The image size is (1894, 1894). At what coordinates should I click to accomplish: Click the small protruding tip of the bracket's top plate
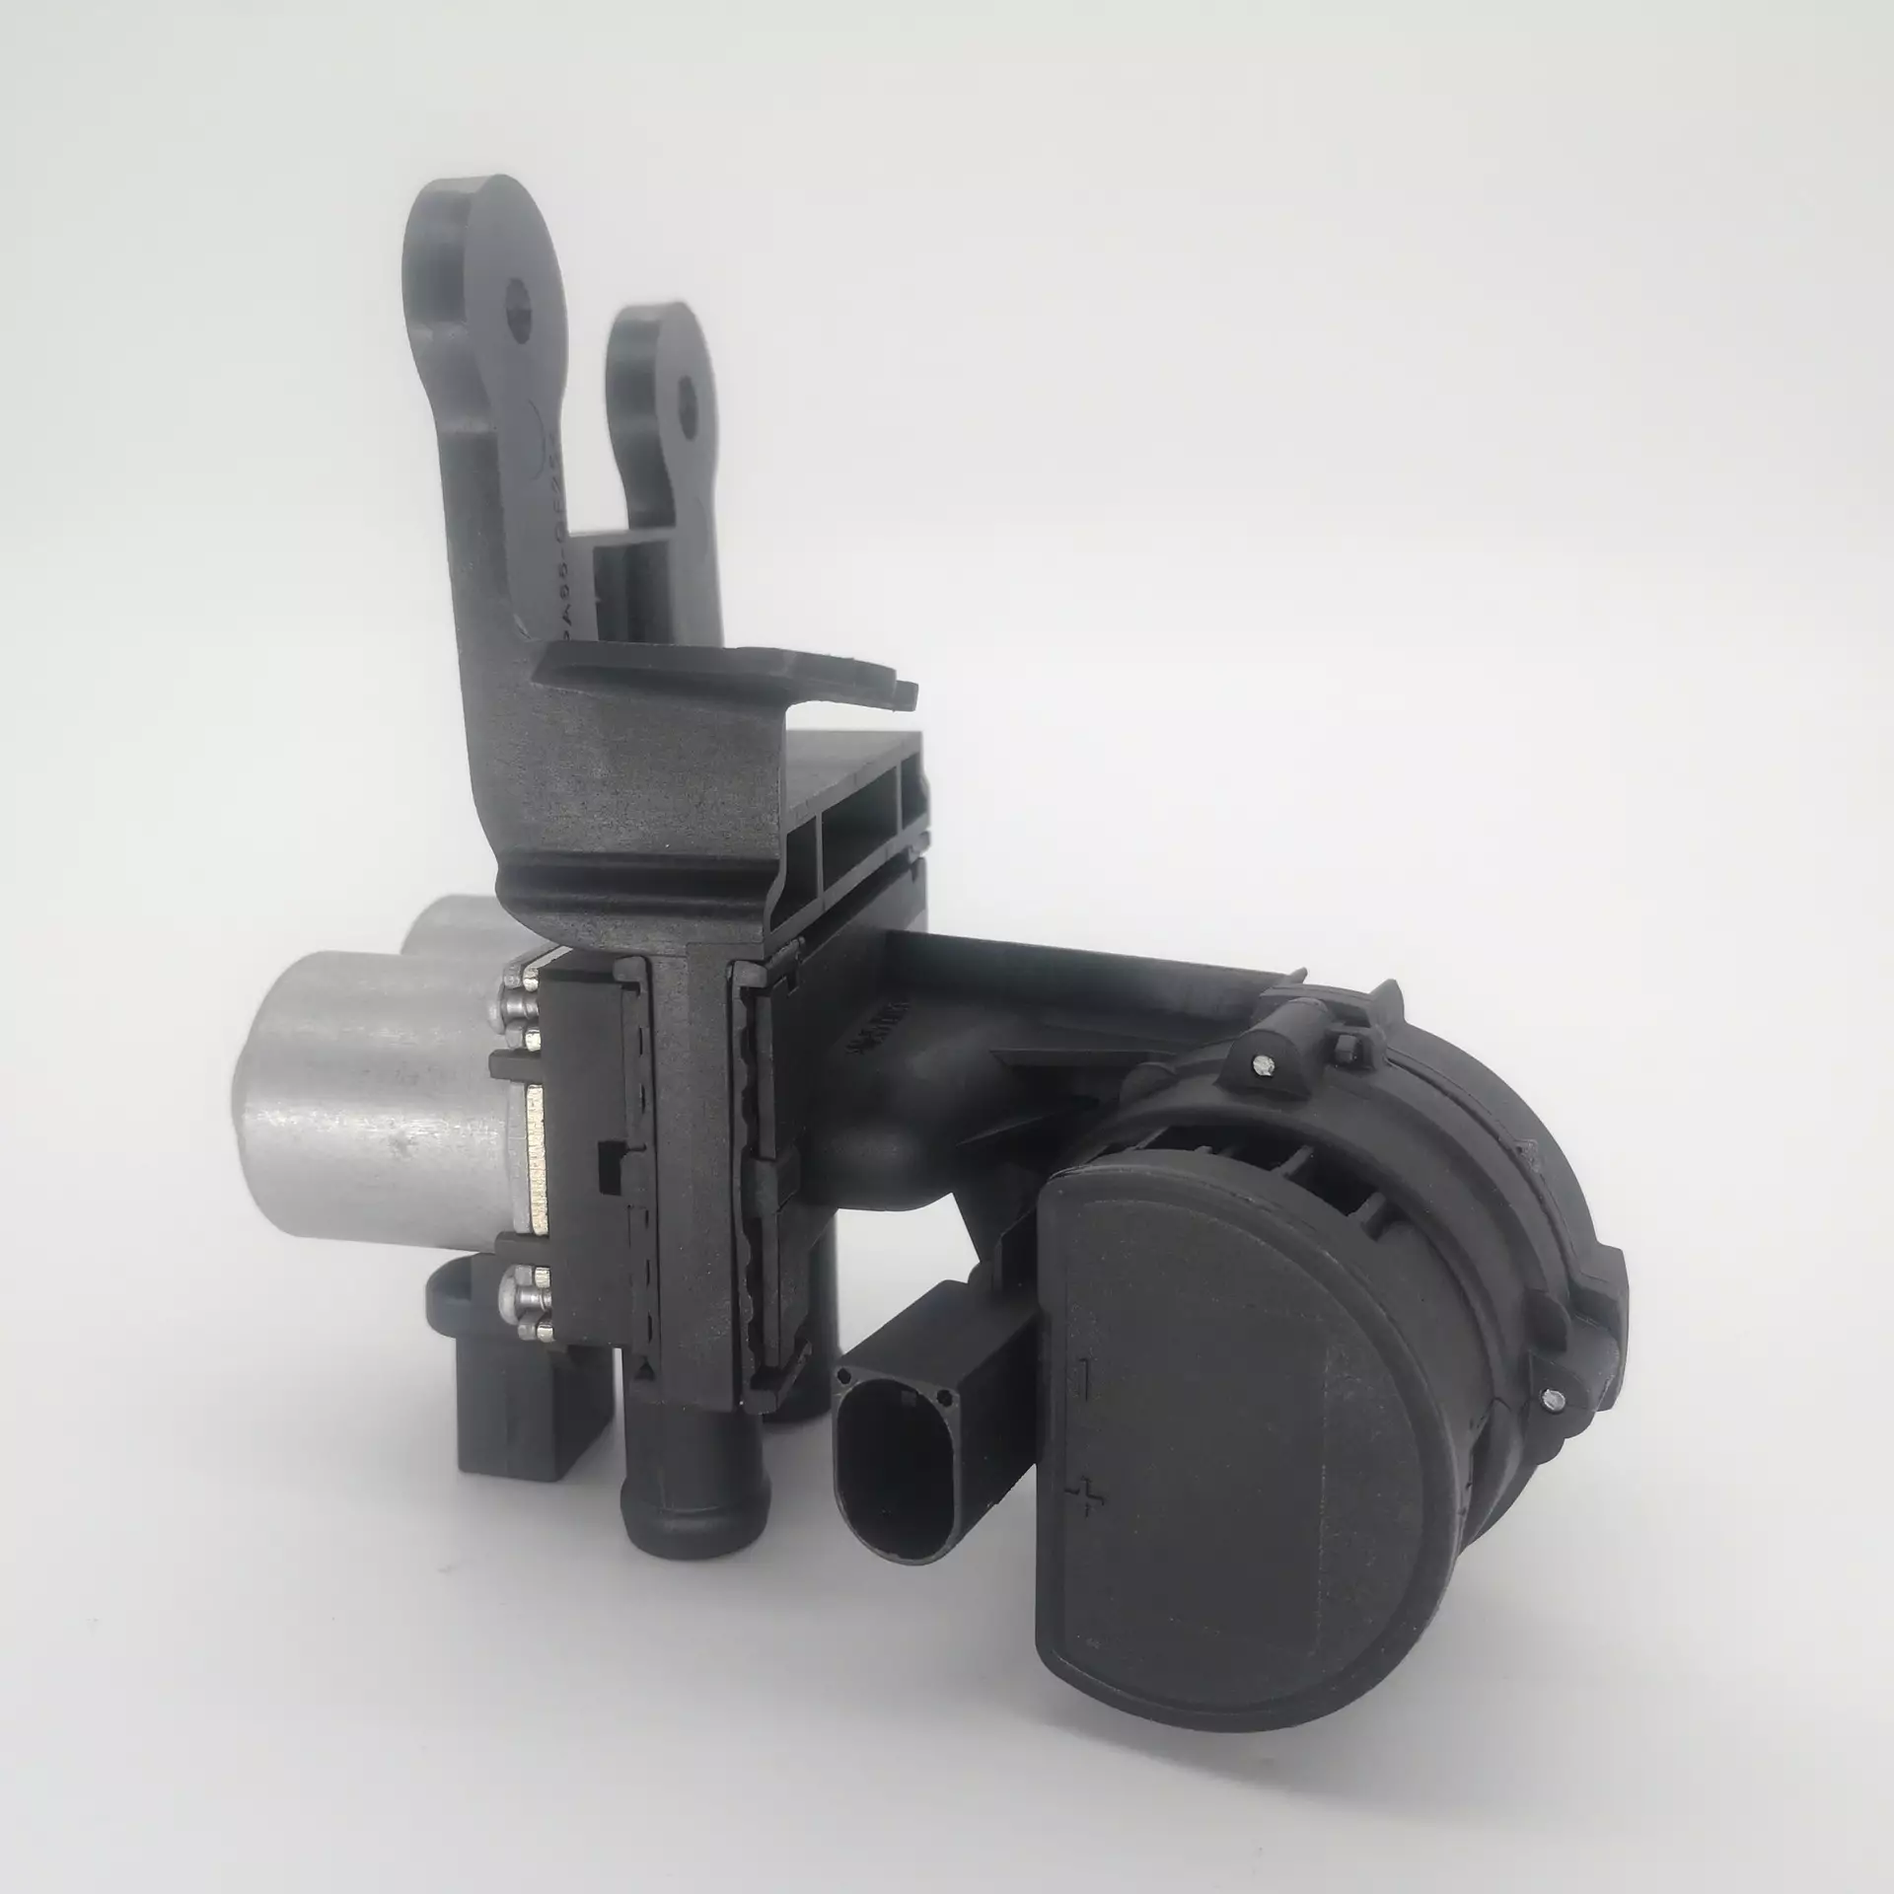point(905,694)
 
